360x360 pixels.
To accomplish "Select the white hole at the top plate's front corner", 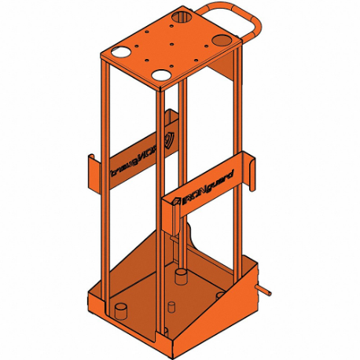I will pyautogui.click(x=162, y=75).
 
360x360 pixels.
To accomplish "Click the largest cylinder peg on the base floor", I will pyautogui.click(x=181, y=277).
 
